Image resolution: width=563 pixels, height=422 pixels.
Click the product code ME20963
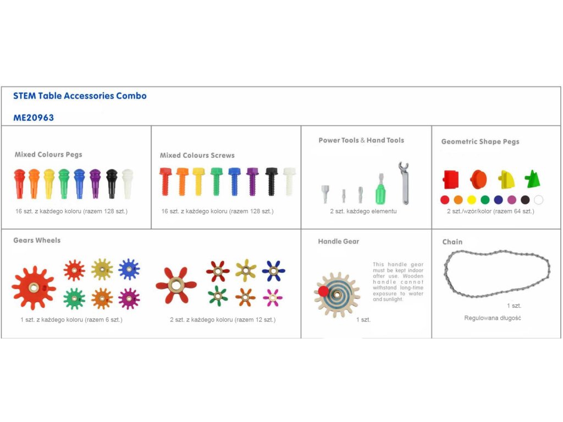point(34,118)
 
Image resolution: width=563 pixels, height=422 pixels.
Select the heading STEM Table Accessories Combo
point(80,96)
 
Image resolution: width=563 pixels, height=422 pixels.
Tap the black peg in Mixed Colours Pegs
point(112,184)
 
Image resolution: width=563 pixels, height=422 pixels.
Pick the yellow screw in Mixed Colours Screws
point(198,181)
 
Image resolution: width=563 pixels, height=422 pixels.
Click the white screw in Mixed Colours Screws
point(289,181)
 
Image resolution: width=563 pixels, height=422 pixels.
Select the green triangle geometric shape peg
point(532,179)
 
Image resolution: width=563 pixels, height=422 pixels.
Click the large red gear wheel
point(34,287)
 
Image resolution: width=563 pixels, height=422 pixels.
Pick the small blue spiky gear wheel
point(129,269)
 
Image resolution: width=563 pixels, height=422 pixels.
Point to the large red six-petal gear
point(176,284)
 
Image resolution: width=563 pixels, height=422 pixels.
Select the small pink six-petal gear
point(273,297)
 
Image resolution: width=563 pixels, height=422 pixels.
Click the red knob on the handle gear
point(323,290)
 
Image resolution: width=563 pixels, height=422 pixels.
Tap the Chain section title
point(452,242)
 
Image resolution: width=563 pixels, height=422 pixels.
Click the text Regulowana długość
point(492,318)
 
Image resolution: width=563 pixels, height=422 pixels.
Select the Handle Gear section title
point(338,241)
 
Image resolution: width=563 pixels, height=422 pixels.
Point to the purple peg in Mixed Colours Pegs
point(95,184)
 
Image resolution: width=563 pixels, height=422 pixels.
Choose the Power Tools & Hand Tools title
point(361,140)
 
